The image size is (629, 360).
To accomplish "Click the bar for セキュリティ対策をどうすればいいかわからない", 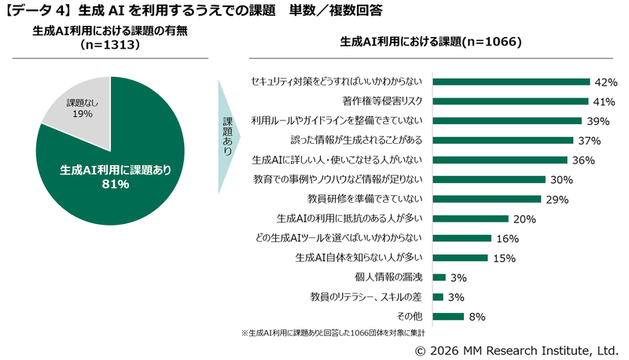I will (x=511, y=82).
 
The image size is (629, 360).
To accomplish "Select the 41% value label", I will (x=602, y=101).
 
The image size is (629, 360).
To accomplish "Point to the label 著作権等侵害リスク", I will (x=383, y=101).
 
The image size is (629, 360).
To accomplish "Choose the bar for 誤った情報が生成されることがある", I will (x=503, y=141).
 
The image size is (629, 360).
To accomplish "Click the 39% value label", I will (x=596, y=121).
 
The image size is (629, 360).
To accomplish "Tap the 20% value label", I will (x=524, y=219).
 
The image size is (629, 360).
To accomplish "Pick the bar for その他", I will (x=448, y=316).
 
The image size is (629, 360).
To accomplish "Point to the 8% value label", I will (x=476, y=316).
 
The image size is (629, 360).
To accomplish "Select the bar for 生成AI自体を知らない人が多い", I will (x=460, y=257).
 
